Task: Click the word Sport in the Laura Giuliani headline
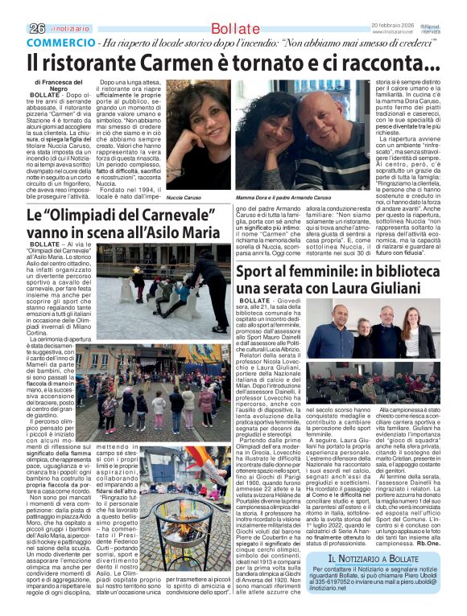click(x=258, y=273)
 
